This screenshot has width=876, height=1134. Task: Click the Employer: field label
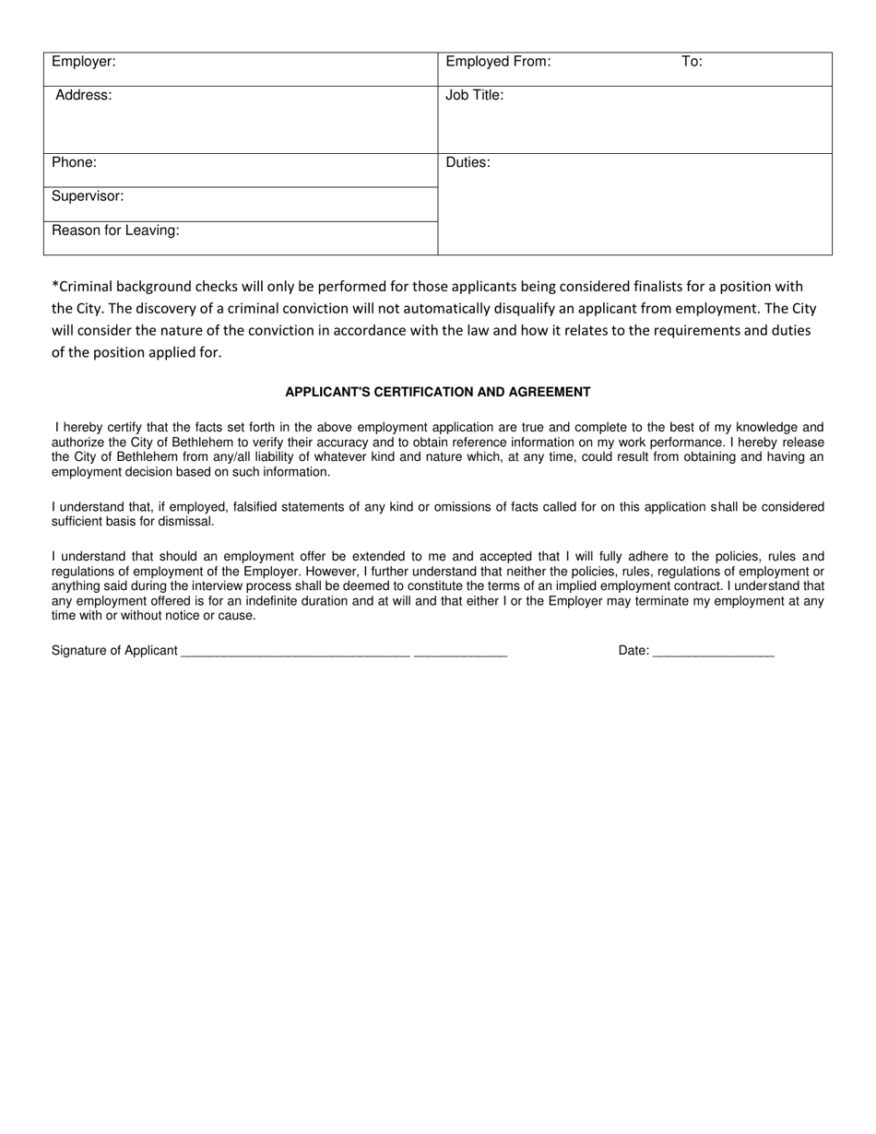click(83, 62)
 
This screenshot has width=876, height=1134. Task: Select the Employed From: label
click(498, 62)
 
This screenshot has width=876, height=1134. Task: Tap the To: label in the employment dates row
click(692, 62)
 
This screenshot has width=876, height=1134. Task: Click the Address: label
click(84, 95)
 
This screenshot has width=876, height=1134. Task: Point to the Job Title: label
click(475, 95)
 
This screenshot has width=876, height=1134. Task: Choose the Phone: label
click(74, 162)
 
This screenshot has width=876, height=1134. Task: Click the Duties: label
click(468, 162)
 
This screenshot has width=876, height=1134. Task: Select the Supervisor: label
click(88, 196)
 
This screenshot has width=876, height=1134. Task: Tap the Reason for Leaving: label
click(115, 230)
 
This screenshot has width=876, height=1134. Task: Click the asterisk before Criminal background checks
click(54, 285)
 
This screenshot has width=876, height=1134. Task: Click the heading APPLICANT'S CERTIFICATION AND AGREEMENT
click(438, 392)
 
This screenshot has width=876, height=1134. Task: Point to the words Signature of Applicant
click(114, 651)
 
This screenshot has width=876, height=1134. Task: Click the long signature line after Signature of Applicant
click(295, 654)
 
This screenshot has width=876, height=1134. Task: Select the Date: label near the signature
click(633, 651)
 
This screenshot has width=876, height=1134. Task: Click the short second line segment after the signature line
click(460, 654)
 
